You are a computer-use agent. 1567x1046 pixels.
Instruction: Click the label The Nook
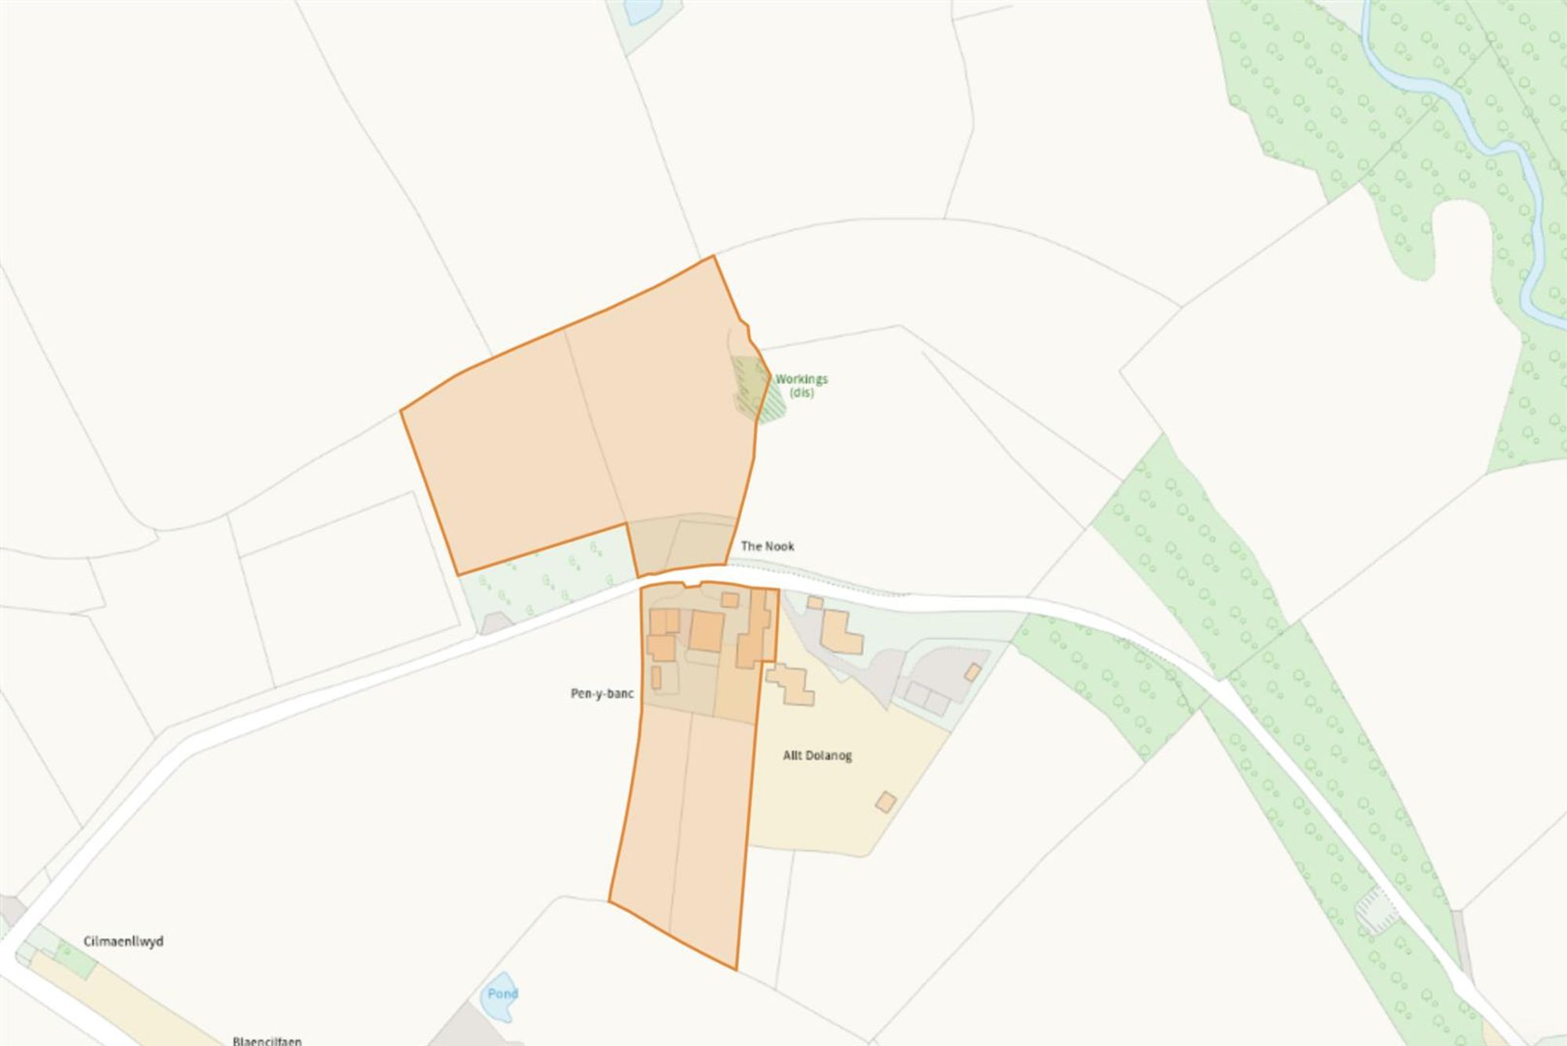point(767,546)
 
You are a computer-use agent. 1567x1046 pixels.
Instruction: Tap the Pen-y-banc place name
point(602,693)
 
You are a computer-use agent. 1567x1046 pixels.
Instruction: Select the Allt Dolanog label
point(817,755)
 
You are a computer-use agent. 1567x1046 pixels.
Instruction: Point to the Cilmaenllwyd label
point(124,941)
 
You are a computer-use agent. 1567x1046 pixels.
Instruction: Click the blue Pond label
point(502,994)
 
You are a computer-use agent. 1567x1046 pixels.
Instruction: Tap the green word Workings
point(802,379)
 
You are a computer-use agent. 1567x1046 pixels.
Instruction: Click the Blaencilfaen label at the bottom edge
point(266,1041)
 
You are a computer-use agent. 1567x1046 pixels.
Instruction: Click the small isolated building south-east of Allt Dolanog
point(885,802)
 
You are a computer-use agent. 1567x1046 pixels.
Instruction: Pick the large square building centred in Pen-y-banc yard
point(707,632)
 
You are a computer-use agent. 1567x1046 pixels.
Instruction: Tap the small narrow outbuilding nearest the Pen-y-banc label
point(657,677)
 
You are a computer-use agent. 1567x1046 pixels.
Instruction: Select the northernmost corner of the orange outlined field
point(714,256)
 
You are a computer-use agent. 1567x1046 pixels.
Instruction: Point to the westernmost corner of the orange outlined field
point(401,411)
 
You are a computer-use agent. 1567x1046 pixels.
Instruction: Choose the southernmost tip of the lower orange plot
point(736,969)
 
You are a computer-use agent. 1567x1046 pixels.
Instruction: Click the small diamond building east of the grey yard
point(972,672)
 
